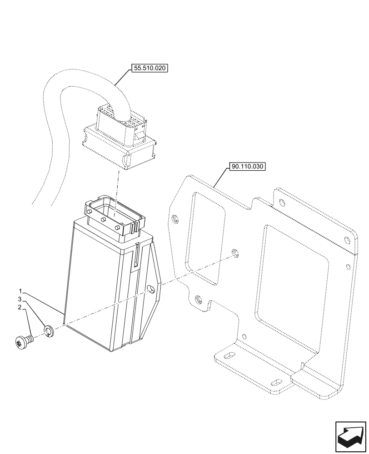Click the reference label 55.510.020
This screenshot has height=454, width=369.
tap(150, 69)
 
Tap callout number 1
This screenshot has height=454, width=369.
tap(20, 290)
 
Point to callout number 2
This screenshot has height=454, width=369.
tap(20, 307)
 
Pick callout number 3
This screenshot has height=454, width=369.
tap(20, 299)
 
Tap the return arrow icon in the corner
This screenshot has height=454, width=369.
tap(350, 437)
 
